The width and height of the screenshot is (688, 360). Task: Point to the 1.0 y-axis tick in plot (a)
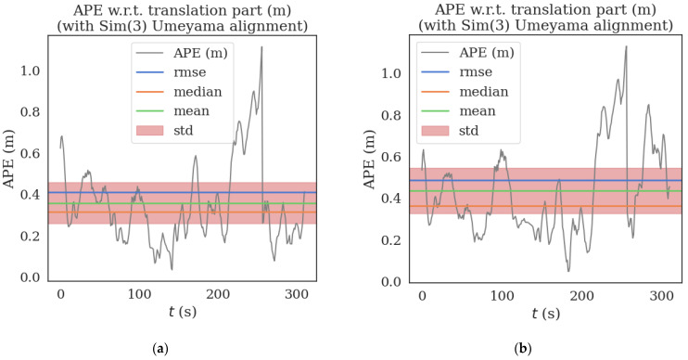point(32,71)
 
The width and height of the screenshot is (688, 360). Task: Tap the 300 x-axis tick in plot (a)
point(296,294)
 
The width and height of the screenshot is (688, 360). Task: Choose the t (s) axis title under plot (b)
point(541,314)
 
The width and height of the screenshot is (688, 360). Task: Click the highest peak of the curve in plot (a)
point(262,46)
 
